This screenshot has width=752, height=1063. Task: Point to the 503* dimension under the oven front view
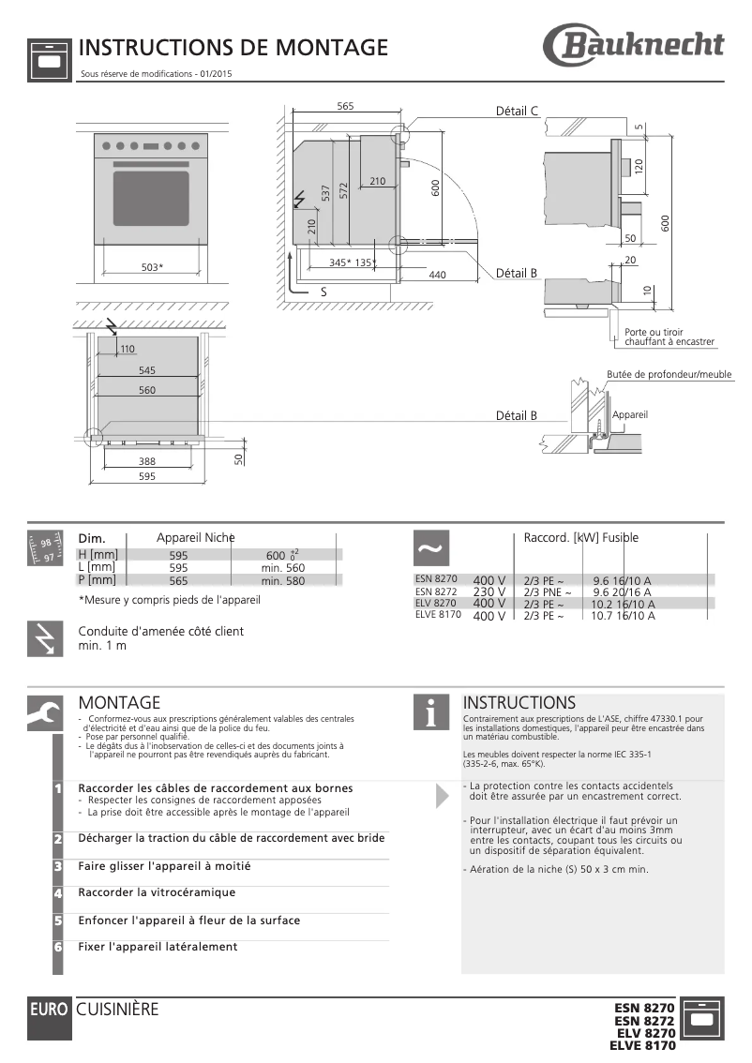[152, 267]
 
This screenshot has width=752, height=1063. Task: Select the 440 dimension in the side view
[437, 275]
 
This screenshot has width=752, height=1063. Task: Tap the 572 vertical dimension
[344, 191]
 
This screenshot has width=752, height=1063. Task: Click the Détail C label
[516, 111]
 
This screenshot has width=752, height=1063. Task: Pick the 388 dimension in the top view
[147, 461]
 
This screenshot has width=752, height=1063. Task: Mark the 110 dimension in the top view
[128, 349]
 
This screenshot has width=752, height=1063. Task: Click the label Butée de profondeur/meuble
[669, 374]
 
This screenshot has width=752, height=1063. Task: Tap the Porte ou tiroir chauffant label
[669, 337]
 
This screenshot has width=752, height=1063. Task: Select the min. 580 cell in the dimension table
[283, 581]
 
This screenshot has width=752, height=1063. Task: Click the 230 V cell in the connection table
[489, 592]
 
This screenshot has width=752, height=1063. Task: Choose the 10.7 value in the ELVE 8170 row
[602, 617]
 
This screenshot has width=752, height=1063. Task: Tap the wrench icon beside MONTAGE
[45, 712]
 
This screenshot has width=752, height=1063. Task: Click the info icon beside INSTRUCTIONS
[430, 712]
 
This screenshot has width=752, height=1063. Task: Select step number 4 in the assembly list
[58, 894]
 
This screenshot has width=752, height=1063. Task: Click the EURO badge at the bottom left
[49, 1011]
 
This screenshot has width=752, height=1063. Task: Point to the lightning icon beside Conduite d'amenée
[45, 638]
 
